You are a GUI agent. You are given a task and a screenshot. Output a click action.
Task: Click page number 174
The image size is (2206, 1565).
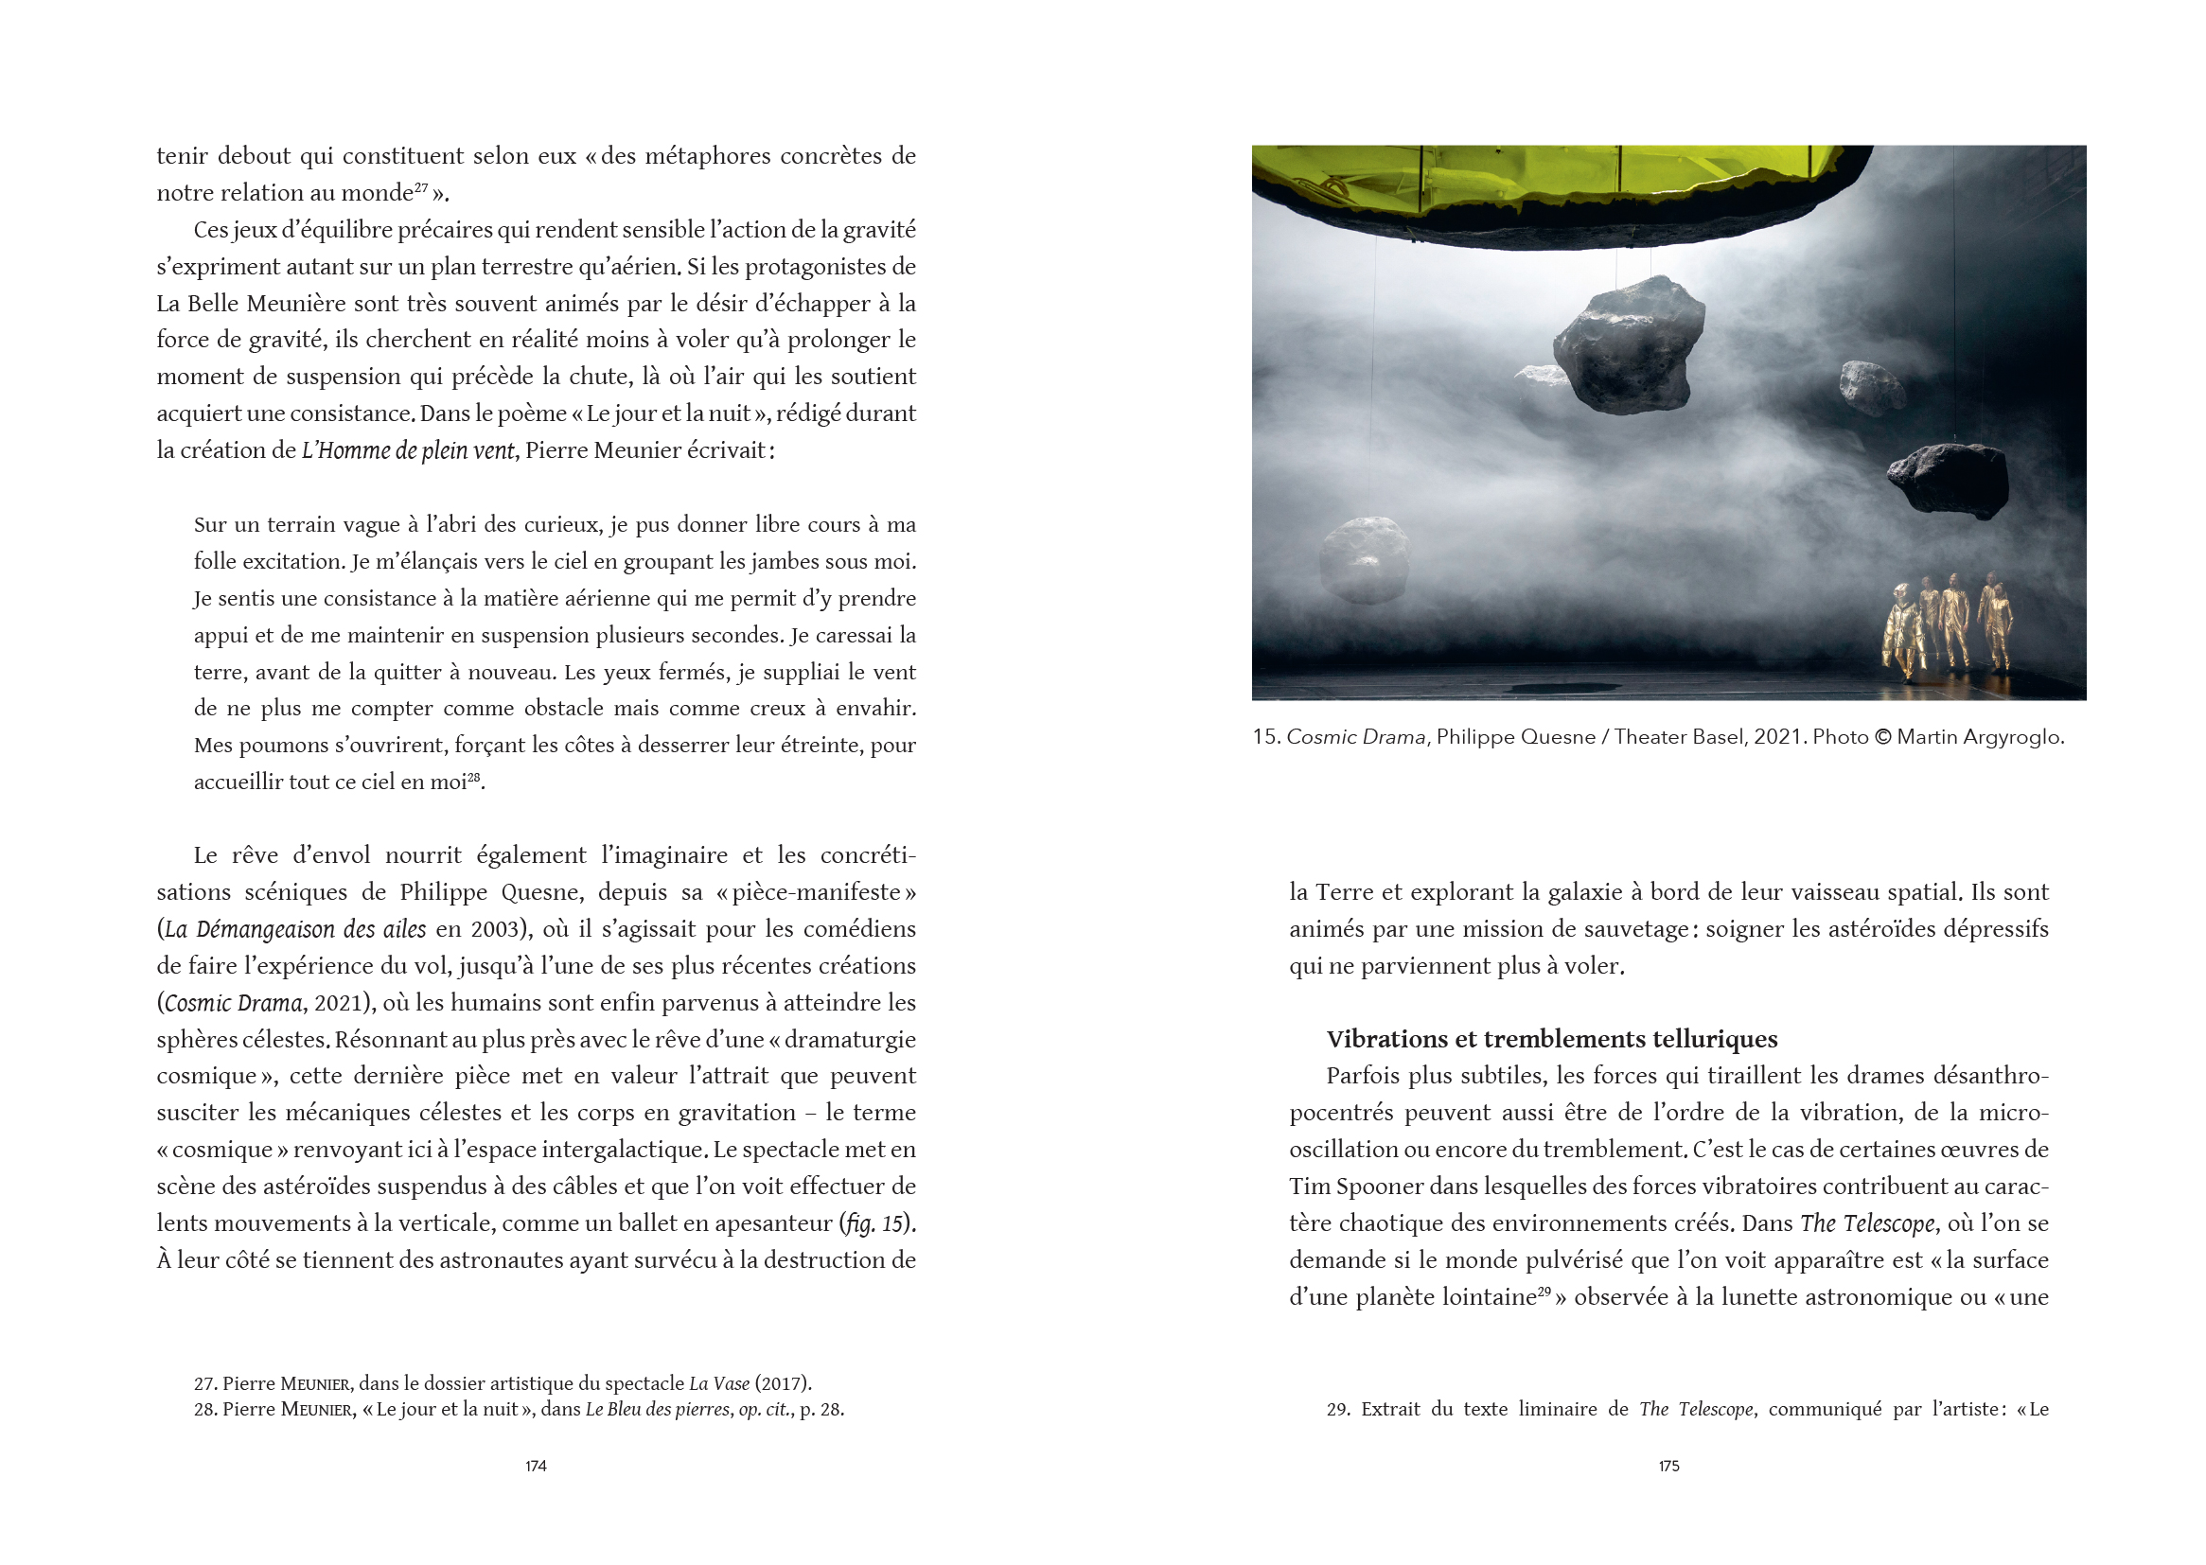tap(536, 1466)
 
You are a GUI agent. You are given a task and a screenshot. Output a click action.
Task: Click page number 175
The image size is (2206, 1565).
tap(1668, 1466)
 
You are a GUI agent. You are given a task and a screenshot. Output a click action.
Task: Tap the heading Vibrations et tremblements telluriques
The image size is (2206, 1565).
tap(1552, 1039)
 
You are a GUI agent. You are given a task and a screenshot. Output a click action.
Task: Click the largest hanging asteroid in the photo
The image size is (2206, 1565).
tap(1628, 345)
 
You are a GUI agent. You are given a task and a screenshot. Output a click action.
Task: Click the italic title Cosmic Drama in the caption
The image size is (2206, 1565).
tap(1356, 737)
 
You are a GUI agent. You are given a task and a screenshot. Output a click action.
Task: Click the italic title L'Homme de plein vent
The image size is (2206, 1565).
tap(408, 450)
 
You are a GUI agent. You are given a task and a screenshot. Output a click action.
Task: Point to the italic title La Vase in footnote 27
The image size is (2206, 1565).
tap(719, 1384)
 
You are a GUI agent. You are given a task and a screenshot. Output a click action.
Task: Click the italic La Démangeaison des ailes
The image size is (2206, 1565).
tap(295, 929)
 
